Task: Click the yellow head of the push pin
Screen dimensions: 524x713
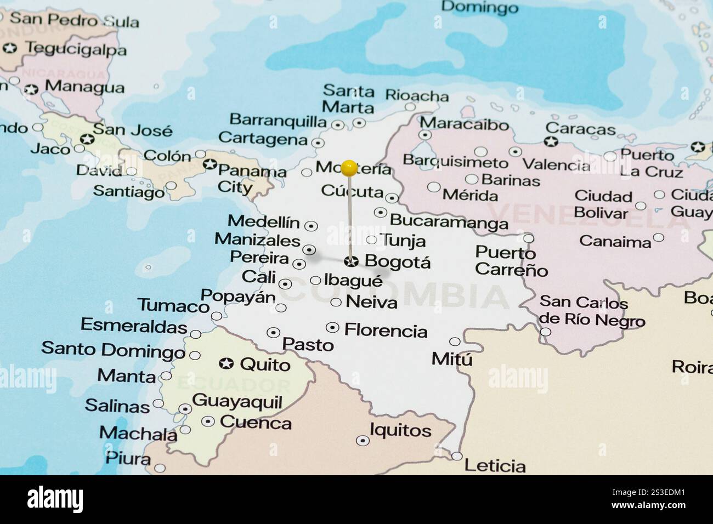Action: tap(349, 167)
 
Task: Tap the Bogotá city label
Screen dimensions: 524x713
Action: tap(398, 262)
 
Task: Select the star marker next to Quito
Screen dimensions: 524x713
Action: tap(226, 363)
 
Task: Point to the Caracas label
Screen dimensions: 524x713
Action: tap(581, 129)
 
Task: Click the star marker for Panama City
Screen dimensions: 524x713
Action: tap(209, 164)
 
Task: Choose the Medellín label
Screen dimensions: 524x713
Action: tap(264, 222)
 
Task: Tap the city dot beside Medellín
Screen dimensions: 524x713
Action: tap(311, 225)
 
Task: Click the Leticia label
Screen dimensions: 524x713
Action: tap(495, 466)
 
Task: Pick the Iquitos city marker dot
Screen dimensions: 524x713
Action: tap(363, 440)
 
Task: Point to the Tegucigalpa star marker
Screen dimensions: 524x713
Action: tap(10, 48)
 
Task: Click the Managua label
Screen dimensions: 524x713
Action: tap(84, 87)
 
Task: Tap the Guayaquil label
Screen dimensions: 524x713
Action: tap(237, 402)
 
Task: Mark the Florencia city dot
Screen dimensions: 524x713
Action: tap(332, 328)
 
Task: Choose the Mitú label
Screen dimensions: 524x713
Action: tap(452, 359)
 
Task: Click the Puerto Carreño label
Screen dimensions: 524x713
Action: tap(511, 261)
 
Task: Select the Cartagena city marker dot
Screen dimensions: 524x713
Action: tap(318, 143)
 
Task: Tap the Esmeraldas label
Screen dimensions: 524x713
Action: tap(134, 326)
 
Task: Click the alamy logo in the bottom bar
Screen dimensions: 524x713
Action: tap(55, 499)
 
